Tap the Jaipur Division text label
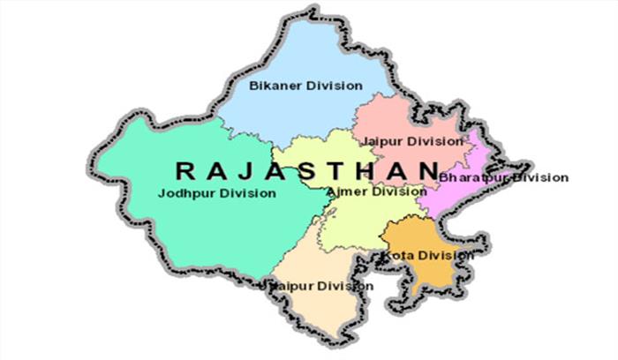pos(412,140)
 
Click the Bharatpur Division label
pos(503,177)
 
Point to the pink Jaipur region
pos(406,119)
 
